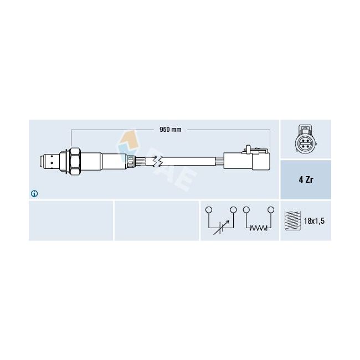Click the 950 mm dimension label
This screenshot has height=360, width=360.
(x=171, y=130)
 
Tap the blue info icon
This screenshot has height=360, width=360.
(x=34, y=194)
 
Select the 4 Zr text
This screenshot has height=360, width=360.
(x=306, y=179)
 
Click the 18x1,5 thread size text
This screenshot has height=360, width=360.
(x=314, y=221)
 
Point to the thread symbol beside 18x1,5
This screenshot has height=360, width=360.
(x=292, y=220)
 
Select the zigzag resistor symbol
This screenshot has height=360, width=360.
(x=258, y=228)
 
